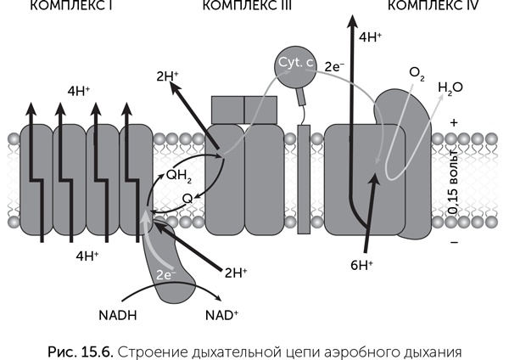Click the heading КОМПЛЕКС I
point(62,5)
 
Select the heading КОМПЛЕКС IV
point(433,5)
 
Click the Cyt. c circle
point(293,65)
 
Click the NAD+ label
point(222,315)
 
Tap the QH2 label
point(178,175)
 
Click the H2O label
point(450,87)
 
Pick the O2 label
point(417,74)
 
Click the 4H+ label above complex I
point(79,89)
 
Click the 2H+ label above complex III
point(167,76)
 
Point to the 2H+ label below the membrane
point(235,273)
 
